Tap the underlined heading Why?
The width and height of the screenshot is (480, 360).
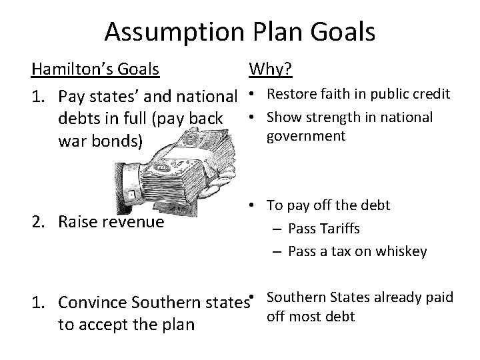(x=269, y=69)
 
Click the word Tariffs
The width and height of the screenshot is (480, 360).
(x=337, y=229)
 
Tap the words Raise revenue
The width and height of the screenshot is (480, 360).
(x=111, y=221)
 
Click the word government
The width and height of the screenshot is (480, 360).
(x=305, y=136)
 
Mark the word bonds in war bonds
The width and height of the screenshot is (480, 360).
(x=121, y=142)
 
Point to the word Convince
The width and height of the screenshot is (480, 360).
(x=98, y=303)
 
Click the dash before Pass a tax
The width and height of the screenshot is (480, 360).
(x=275, y=251)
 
